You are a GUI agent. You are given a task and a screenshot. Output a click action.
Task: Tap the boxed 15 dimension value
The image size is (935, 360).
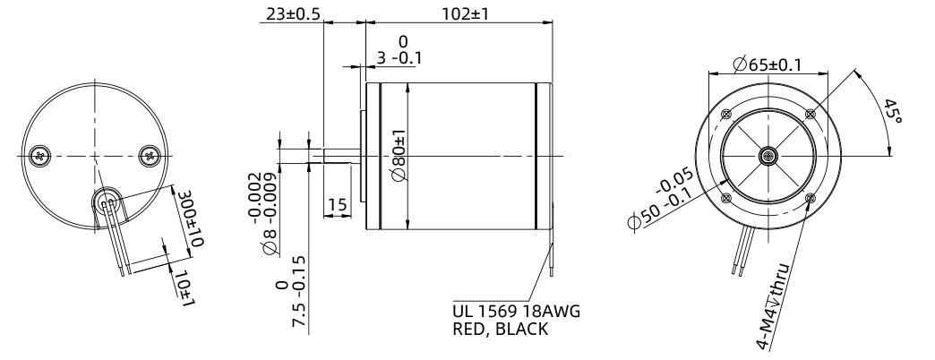click(x=336, y=205)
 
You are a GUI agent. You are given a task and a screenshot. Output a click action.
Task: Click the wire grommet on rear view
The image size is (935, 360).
click(x=108, y=203)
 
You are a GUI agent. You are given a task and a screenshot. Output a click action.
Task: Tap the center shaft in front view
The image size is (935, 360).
click(x=768, y=157)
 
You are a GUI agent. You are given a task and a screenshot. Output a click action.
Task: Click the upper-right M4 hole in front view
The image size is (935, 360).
click(x=811, y=114)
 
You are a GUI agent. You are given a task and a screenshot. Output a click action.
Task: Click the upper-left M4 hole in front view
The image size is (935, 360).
click(x=725, y=114)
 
